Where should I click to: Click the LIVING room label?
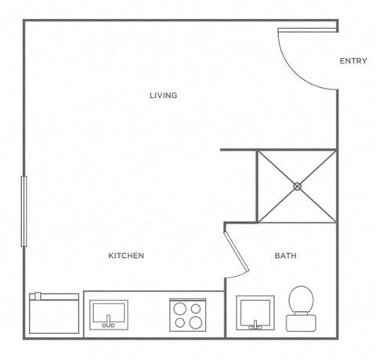click(164, 96)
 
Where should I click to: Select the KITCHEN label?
click(125, 256)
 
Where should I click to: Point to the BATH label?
click(284, 256)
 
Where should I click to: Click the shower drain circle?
click(298, 186)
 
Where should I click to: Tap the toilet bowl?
click(300, 300)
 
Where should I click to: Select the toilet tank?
click(300, 322)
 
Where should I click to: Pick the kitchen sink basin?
click(109, 311)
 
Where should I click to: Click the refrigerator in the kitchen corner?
click(54, 314)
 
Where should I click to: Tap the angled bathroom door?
click(236, 250)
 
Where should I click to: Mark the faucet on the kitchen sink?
click(109, 324)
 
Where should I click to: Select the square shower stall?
click(298, 186)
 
